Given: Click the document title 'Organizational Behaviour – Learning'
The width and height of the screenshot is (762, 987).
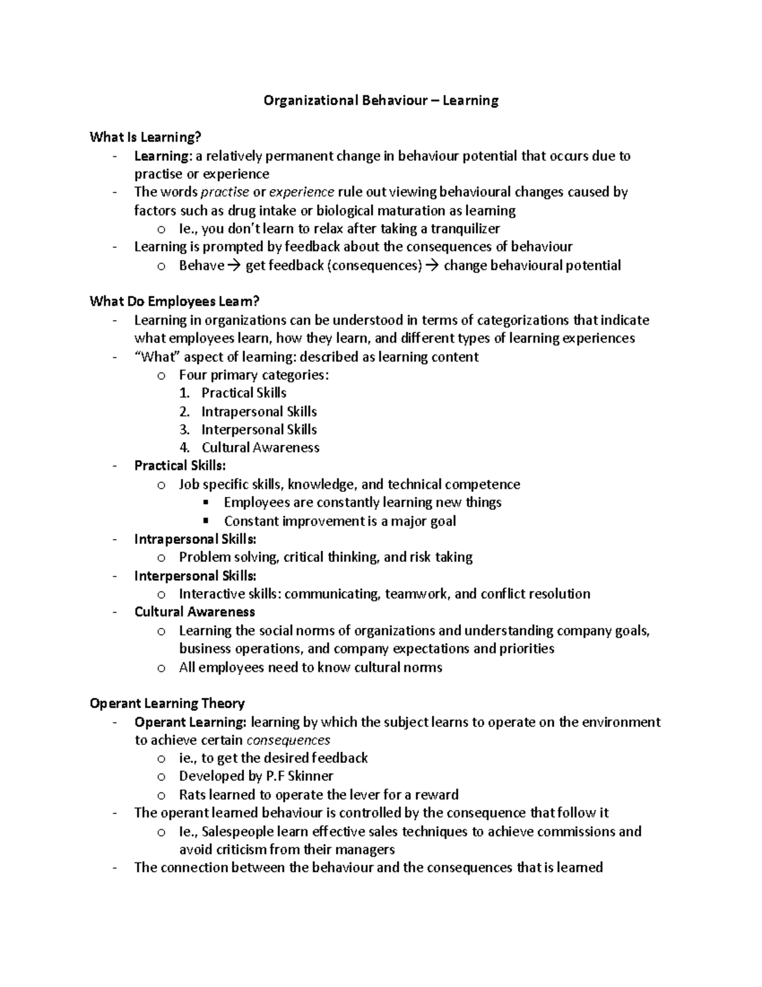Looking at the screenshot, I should [381, 100].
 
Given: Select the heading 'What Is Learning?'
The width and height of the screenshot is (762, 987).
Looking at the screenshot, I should [145, 137].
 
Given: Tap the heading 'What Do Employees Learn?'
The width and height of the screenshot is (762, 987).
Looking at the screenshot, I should [175, 301].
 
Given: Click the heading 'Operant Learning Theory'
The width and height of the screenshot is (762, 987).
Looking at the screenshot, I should [167, 704].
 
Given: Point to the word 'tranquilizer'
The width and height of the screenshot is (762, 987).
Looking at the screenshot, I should [465, 229].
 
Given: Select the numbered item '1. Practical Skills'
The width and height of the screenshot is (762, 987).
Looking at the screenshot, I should [233, 393].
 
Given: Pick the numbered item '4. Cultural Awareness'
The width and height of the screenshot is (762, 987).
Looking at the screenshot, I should [250, 447].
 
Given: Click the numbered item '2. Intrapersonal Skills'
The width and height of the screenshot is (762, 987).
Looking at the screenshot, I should [248, 411].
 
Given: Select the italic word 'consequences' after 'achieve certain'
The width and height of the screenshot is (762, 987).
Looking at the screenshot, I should [288, 740].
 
